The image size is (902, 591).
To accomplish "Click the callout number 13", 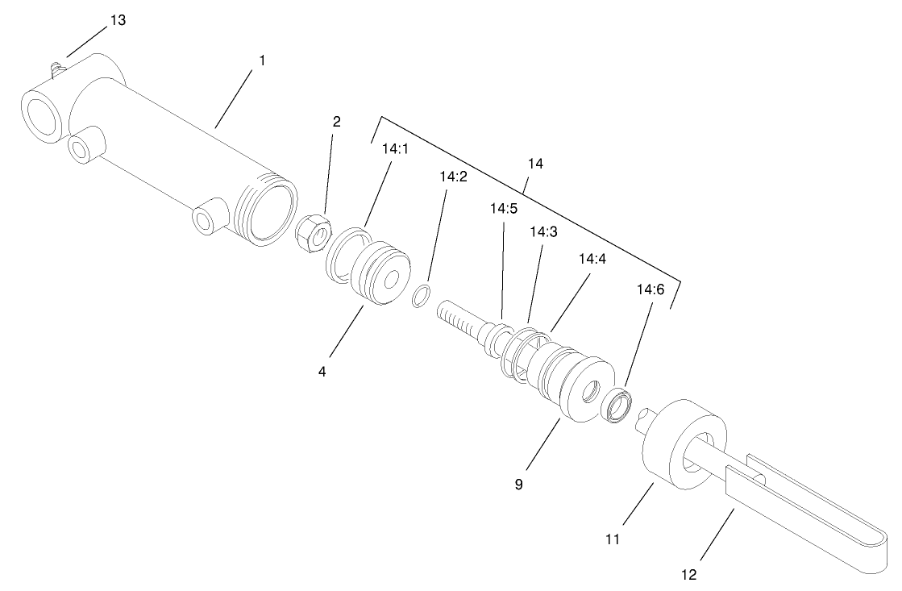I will point(118,21).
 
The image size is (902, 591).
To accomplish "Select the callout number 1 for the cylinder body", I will point(261,60).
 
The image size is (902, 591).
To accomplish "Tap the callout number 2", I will point(337,122).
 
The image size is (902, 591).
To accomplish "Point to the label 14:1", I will point(395,150).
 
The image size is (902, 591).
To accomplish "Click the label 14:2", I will point(453,177).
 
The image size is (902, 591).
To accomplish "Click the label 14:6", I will point(651,288).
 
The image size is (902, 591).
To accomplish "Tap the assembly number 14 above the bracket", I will point(535,164).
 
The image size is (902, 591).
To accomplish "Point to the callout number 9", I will point(519,485).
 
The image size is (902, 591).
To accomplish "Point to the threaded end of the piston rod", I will point(456,318).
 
